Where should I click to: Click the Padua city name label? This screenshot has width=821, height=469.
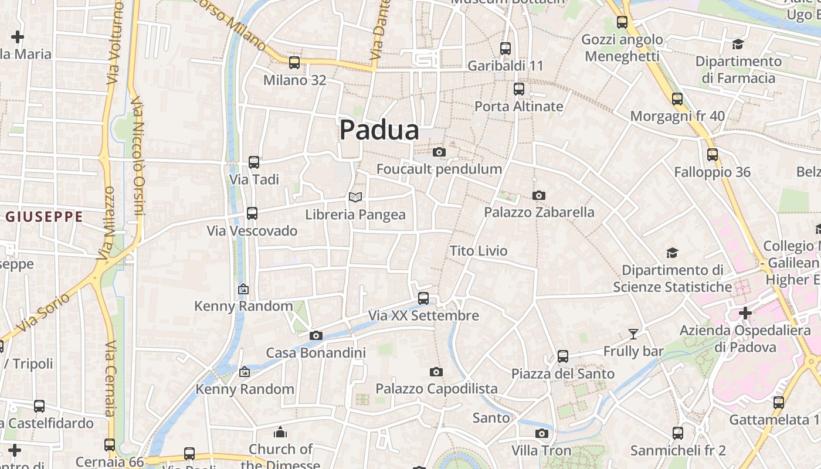coord(379,130)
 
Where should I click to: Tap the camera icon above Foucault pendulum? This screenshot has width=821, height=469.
coord(439,152)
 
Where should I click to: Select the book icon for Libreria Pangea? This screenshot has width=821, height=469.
coord(355,197)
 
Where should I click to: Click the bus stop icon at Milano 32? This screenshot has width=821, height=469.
coord(294,63)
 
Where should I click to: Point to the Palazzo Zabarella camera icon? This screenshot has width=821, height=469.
coord(538,195)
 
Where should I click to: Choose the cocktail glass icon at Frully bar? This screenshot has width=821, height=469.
coord(633,334)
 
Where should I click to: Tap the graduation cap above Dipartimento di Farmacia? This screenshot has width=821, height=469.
coord(738,45)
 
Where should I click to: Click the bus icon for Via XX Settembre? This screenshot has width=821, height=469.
coord(423,298)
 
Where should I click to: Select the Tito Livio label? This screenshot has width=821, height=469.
coord(479,251)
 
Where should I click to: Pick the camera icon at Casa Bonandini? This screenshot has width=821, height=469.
coord(316,335)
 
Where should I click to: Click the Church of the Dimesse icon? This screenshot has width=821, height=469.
coord(280,433)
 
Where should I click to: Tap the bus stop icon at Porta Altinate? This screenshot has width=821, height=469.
coord(519,89)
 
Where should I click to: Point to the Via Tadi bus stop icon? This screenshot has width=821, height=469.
coord(254,162)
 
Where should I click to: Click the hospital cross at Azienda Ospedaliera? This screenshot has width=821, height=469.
coord(745,313)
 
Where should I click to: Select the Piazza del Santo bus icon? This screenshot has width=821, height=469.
coord(563,356)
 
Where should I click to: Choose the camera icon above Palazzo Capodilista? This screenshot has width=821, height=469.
coord(436,372)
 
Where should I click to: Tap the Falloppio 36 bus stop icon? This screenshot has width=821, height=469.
coord(713,155)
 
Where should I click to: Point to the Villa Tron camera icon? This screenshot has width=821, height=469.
coord(541,434)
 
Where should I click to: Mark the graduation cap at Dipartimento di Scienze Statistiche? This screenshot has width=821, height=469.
coord(672,253)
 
